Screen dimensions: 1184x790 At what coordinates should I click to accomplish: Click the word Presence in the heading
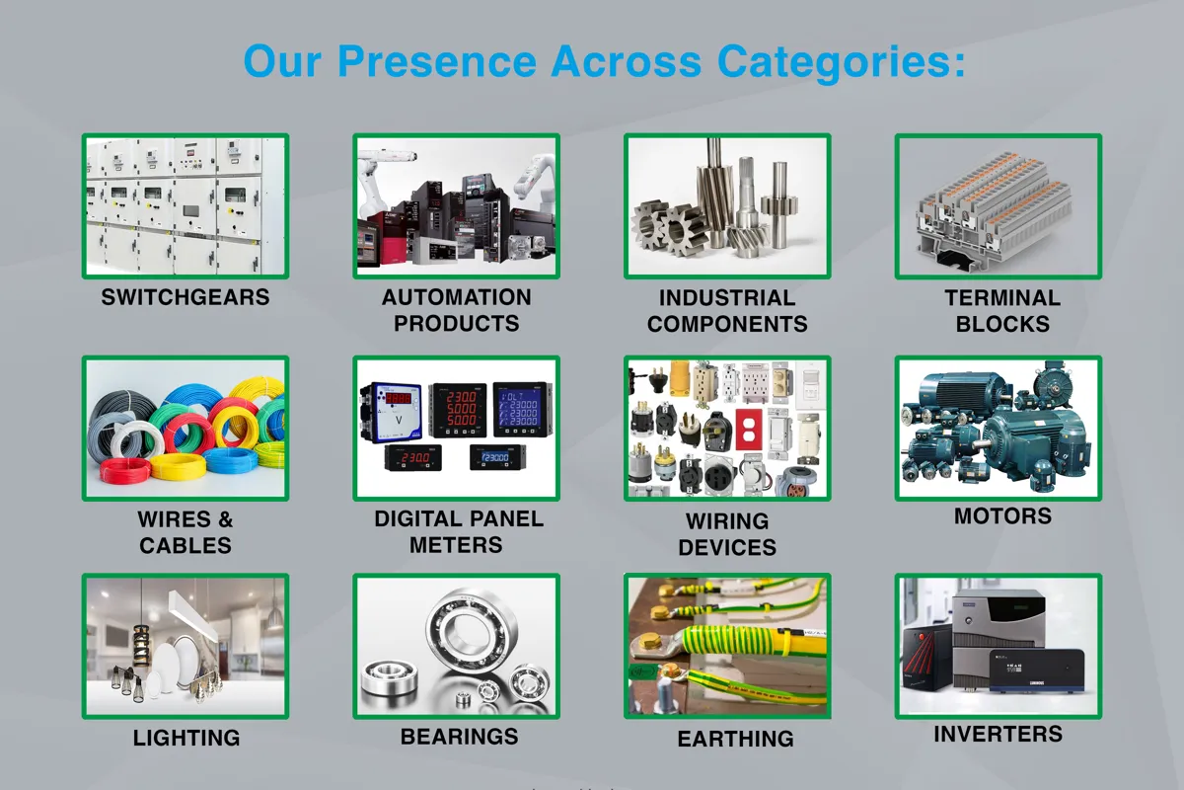(437, 61)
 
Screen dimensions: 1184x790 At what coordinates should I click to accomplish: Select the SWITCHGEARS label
(185, 297)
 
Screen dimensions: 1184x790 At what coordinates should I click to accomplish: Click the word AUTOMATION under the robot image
(457, 297)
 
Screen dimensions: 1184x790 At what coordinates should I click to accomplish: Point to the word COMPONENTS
(727, 324)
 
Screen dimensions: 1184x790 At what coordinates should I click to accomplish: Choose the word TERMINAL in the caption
(1002, 298)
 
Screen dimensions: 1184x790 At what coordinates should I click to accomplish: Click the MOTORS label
(1002, 515)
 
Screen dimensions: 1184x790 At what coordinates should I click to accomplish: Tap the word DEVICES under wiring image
(727, 547)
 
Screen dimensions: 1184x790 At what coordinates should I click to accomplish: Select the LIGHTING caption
(186, 738)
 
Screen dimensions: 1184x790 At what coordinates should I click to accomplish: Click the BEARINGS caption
(460, 737)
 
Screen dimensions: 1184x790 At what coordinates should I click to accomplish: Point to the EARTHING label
(736, 739)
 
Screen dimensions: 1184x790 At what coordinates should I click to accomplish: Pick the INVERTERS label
(998, 734)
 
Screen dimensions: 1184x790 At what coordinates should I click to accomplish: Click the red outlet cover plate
(749, 430)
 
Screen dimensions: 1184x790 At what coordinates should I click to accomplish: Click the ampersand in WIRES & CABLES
(226, 519)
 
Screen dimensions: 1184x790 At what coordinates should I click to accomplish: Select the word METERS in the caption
(456, 545)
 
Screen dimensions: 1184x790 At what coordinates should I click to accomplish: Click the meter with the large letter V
(393, 413)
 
